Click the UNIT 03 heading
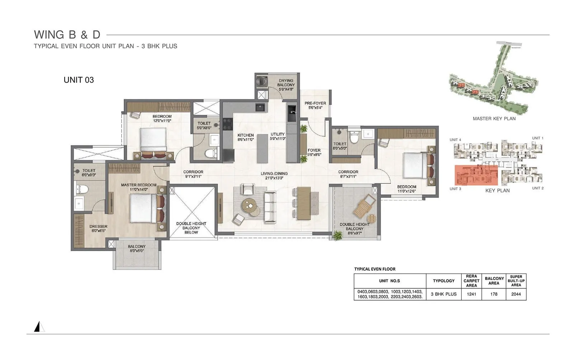coord(79,80)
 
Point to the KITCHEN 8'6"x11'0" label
coord(245,137)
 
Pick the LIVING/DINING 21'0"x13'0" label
coord(274,176)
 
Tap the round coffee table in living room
coord(250,206)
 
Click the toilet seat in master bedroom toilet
coord(82,188)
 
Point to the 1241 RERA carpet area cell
coord(471,294)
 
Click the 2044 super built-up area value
coord(516,294)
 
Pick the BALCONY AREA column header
coord(494,281)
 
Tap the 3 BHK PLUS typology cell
coord(443,294)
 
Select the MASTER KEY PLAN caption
coord(494,118)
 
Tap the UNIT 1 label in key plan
coord(537,138)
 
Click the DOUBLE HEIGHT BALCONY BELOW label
coord(191,228)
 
